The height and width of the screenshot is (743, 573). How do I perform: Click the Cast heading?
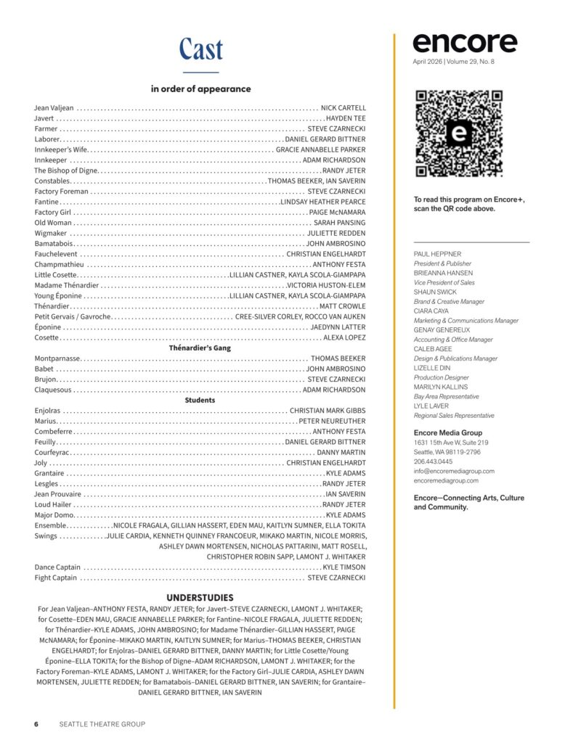point(200,49)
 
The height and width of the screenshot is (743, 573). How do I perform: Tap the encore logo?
point(465,43)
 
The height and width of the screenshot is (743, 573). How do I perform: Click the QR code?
point(458,134)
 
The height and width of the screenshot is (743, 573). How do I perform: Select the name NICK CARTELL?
point(344,107)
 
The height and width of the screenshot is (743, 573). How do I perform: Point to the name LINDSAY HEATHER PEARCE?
point(323,201)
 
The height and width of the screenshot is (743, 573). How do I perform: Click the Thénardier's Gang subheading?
point(200,348)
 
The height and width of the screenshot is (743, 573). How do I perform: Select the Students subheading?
point(200,400)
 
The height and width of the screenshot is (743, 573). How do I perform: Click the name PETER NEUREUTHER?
point(332,421)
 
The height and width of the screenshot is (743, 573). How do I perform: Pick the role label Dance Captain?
point(57,567)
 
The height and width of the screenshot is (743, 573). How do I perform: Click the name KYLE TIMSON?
point(344,567)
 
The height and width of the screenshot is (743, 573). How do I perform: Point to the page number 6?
point(36,723)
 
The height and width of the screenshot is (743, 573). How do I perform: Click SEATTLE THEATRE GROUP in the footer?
point(102,723)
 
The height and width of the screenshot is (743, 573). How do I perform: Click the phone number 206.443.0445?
point(433,461)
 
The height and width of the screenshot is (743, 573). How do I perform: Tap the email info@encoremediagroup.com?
point(454,470)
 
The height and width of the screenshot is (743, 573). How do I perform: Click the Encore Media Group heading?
point(447,433)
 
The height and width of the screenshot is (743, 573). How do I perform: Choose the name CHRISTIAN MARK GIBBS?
point(328,411)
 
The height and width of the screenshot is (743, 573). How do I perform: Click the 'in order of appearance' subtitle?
point(200,89)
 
